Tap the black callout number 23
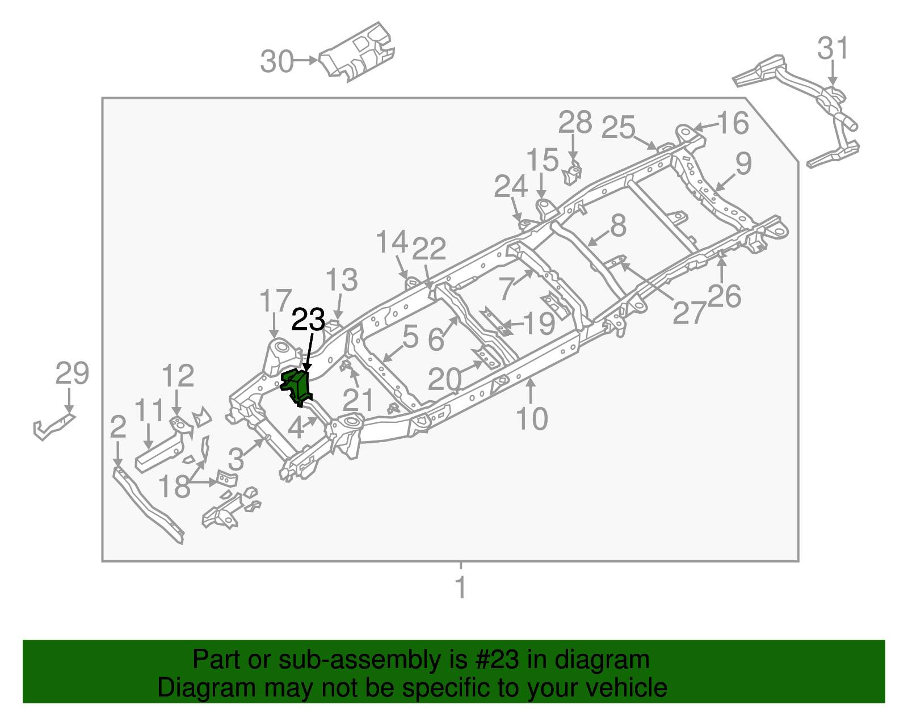click(x=308, y=320)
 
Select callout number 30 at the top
click(x=277, y=61)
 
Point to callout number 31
click(x=833, y=49)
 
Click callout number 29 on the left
click(x=72, y=374)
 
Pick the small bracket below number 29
click(x=53, y=426)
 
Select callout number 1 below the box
click(x=461, y=588)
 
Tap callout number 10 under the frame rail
click(x=532, y=419)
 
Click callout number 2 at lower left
click(x=117, y=427)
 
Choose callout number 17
click(x=275, y=301)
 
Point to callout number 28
click(x=575, y=123)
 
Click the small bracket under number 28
click(x=573, y=174)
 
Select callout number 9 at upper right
click(x=743, y=164)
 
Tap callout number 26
click(x=724, y=296)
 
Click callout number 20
click(x=444, y=380)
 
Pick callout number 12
click(x=178, y=376)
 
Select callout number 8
click(x=618, y=225)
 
